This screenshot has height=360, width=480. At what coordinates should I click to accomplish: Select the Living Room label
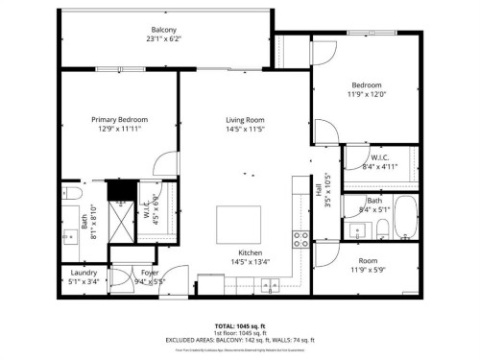pos(244,119)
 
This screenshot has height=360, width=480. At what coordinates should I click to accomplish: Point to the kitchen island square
pos(233,224)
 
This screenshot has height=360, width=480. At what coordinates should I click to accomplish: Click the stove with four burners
pos(300,236)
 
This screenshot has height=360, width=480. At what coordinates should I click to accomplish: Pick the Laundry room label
pos(84,273)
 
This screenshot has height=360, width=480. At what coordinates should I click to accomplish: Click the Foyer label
pos(151,273)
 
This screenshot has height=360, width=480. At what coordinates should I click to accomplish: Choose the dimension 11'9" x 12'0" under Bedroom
pos(366,94)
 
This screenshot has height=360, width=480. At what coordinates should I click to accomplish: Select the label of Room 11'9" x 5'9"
pos(367,260)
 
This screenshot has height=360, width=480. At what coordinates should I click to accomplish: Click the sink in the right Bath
pos(357,229)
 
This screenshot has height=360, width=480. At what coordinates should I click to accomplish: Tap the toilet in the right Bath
pos(381,228)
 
